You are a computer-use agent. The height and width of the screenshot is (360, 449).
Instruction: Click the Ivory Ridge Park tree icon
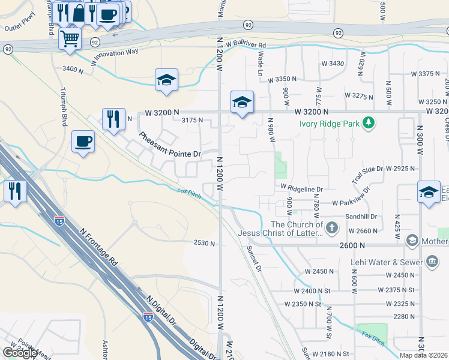point(369,124)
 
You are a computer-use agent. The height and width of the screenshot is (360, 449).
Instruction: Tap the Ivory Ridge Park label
point(330,124)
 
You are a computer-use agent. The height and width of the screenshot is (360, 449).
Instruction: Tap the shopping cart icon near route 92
point(70,39)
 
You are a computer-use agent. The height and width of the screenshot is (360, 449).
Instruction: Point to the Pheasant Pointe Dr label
point(170,145)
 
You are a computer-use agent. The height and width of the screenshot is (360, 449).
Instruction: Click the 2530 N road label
point(204,243)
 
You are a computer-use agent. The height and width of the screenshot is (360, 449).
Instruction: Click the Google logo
point(20,353)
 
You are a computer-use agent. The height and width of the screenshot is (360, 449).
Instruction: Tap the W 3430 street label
point(333,64)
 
